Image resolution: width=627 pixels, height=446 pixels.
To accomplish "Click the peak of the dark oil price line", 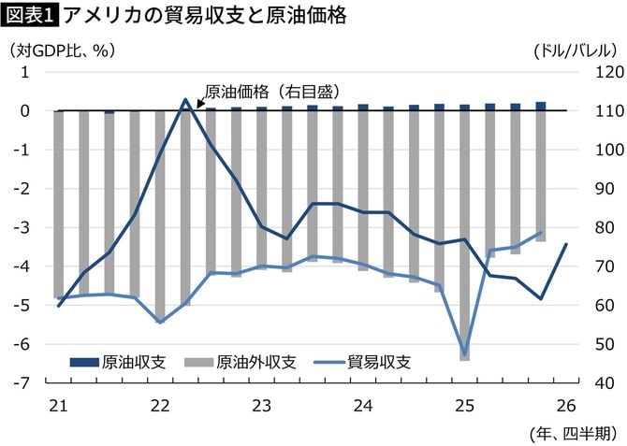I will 185,100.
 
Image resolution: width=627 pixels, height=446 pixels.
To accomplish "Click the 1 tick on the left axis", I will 29,72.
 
